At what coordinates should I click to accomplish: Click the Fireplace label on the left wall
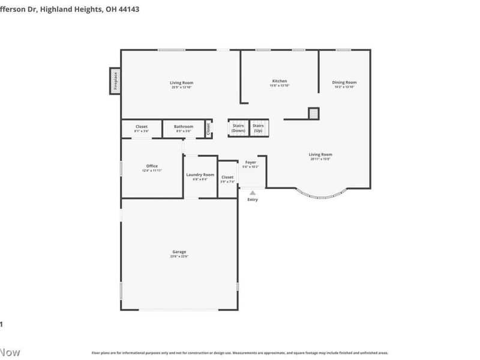pos(115,81)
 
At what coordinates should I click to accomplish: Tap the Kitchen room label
pos(280,81)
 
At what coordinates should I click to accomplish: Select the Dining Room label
pos(344,82)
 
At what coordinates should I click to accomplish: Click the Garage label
pos(179,252)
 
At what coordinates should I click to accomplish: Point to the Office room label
pos(152,166)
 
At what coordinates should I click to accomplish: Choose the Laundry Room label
pos(200,175)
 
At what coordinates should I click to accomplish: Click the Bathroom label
pos(184,127)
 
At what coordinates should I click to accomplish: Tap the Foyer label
pos(250,162)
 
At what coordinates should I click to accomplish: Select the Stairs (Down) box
pos(238,128)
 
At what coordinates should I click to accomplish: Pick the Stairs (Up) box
pos(258,128)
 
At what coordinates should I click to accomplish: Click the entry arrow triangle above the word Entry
pos(253,193)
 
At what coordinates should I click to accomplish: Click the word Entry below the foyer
pos(253,199)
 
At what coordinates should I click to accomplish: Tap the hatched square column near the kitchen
pos(313,113)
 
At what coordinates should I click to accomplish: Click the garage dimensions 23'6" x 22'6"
pos(179,256)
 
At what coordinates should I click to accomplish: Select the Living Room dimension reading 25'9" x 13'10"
pos(181,87)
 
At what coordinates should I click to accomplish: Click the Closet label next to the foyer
pos(227,177)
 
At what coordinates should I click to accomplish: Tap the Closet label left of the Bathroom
pos(142,127)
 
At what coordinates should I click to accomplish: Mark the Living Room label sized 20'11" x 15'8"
pos(320,154)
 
